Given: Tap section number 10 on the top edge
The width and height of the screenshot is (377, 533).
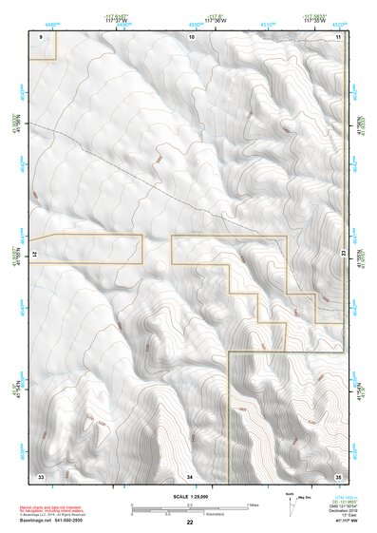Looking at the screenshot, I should tap(191, 35).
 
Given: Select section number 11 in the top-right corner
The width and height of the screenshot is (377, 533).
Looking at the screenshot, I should tap(338, 35).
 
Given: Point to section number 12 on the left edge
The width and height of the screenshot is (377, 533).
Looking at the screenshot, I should tap(36, 256).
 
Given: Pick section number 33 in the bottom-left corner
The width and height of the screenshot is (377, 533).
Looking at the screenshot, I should tap(41, 475).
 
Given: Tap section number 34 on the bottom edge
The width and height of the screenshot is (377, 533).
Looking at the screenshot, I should tap(190, 475).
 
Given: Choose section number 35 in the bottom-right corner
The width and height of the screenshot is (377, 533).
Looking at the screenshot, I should tap(338, 475).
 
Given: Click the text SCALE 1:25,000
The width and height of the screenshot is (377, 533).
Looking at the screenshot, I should tap(189, 497).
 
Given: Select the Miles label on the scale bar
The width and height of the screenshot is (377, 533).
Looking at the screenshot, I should tap(254, 504).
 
